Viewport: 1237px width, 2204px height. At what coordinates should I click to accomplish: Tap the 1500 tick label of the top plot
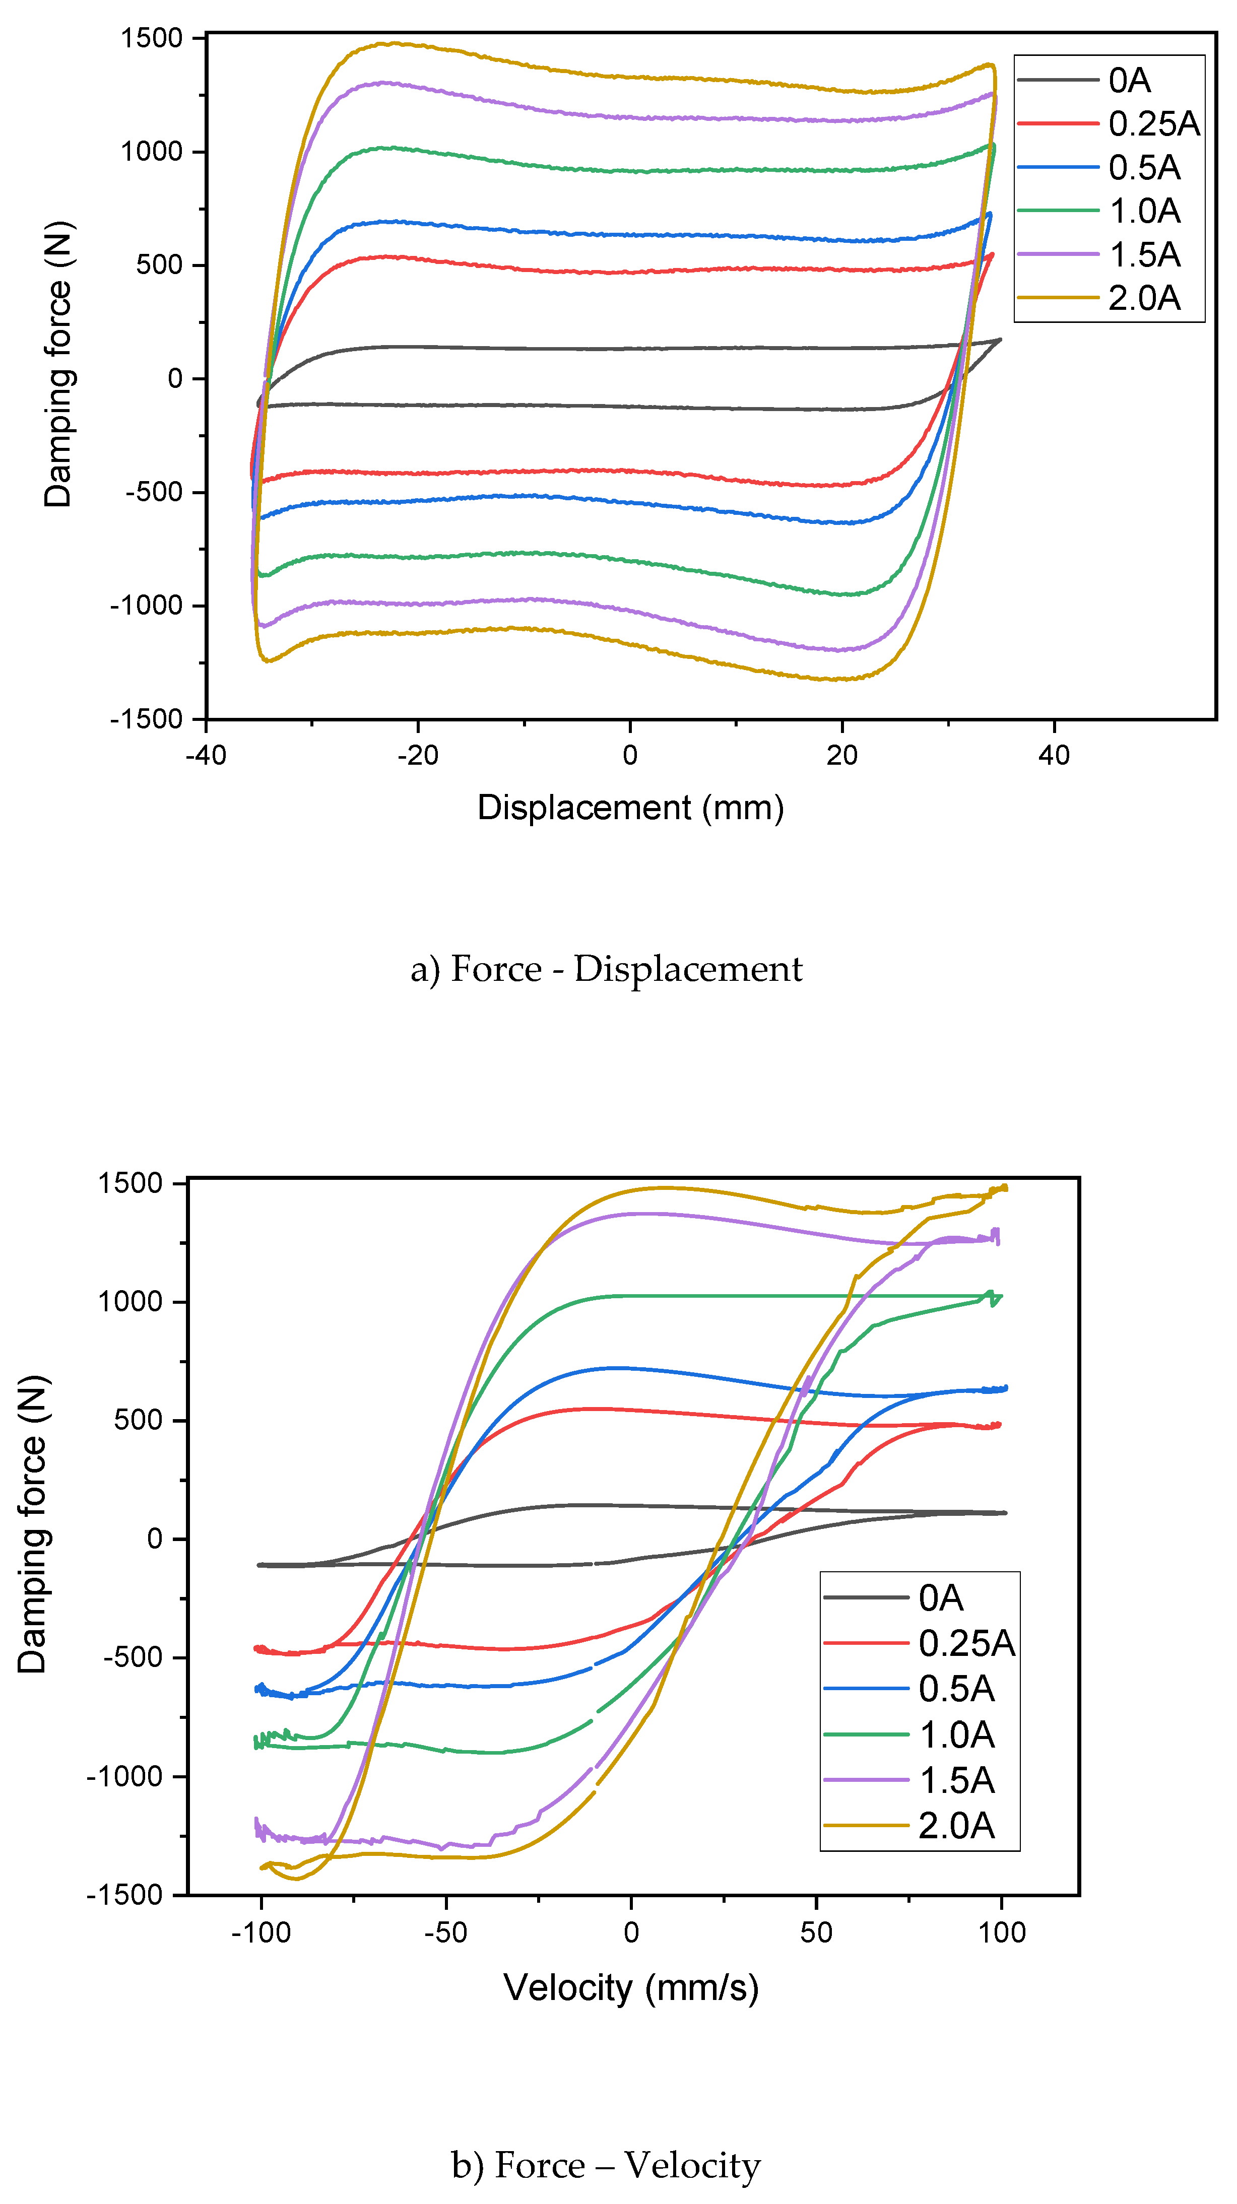point(152,38)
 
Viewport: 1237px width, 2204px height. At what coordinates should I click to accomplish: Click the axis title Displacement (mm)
point(630,808)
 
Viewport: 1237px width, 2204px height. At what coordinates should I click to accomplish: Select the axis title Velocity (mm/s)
point(630,1987)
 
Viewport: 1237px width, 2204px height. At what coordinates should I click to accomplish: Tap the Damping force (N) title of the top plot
point(58,365)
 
